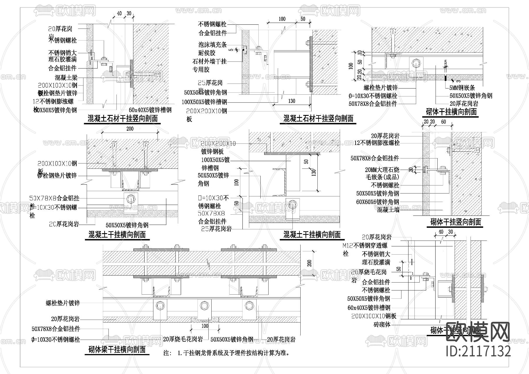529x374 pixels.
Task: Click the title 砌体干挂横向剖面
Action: pyautogui.click(x=451, y=112)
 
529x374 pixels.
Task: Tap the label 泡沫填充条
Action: pyautogui.click(x=212, y=45)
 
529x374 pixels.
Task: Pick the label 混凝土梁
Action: pyautogui.click(x=66, y=78)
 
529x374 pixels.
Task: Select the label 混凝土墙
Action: pyautogui.click(x=388, y=210)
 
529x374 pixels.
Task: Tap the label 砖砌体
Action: pyautogui.click(x=382, y=324)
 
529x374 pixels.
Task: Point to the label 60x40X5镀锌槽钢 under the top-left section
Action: pyautogui.click(x=150, y=110)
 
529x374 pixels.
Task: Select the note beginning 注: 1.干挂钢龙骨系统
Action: pyautogui.click(x=227, y=353)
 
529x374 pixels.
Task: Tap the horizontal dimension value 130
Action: pyautogui.click(x=292, y=101)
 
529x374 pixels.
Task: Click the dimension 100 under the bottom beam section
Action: pyautogui.click(x=205, y=326)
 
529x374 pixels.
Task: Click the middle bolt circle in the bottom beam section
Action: pyautogui.click(x=203, y=305)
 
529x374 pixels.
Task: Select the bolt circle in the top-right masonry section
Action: pyautogui.click(x=416, y=63)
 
